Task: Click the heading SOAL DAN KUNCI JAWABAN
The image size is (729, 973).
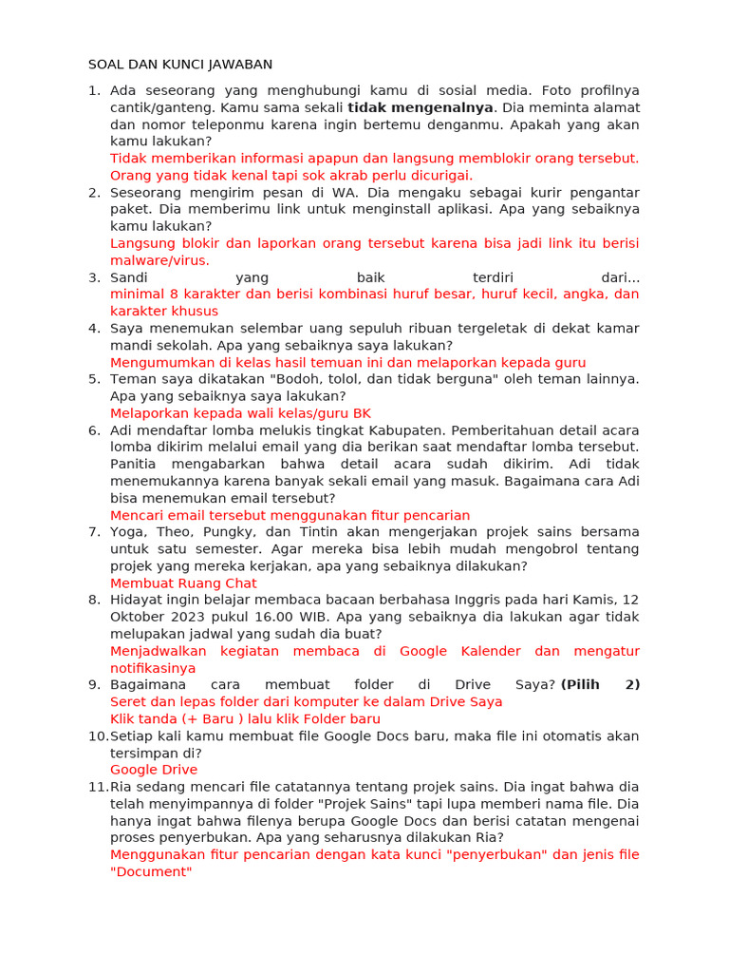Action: pyautogui.click(x=180, y=65)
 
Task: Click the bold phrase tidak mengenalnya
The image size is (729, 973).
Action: pyautogui.click(x=421, y=107)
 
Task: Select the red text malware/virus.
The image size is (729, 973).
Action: pyautogui.click(x=159, y=260)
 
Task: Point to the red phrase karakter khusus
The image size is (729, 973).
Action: pyautogui.click(x=164, y=312)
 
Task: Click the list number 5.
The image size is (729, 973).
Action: pyautogui.click(x=94, y=379)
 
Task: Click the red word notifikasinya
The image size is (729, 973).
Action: pyautogui.click(x=153, y=669)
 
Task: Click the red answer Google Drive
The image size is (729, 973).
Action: pyautogui.click(x=154, y=770)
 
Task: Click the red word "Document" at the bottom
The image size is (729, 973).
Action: pyautogui.click(x=151, y=871)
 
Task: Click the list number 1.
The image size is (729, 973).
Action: pyautogui.click(x=93, y=90)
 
